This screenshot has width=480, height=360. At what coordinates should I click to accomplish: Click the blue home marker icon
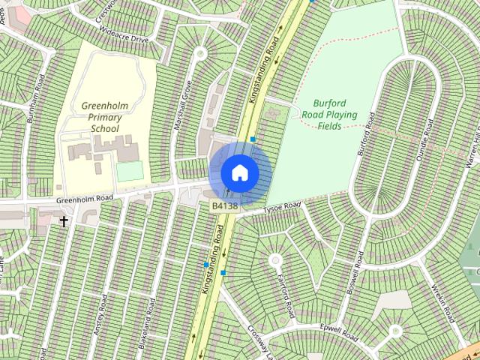[x=240, y=172]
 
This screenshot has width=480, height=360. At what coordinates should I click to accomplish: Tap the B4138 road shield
[x=224, y=205]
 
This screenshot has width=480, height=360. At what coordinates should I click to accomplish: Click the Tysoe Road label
[x=281, y=208]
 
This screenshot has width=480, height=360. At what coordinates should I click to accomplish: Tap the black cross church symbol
[x=64, y=222]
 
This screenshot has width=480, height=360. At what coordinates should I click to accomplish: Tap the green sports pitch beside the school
[x=130, y=172]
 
